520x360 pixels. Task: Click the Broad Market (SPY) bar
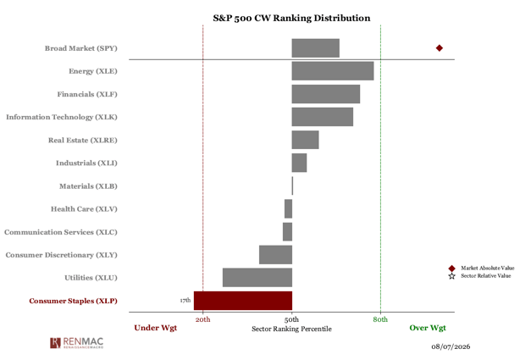tap(315, 48)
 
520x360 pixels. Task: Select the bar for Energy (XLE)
tap(333, 71)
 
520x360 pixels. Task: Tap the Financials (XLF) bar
tap(326, 94)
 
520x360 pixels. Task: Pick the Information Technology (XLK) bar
tap(323, 117)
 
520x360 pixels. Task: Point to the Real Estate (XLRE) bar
tap(305, 140)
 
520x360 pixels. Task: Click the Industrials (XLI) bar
tap(299, 163)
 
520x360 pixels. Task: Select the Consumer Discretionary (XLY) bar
tap(275, 255)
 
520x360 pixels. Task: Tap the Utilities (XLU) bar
tap(257, 277)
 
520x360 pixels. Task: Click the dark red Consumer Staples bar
tap(243, 301)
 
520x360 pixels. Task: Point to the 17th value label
tap(185, 300)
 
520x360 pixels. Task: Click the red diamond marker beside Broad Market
tap(440, 48)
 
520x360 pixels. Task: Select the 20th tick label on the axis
tap(202, 319)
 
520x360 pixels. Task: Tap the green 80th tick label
tap(380, 319)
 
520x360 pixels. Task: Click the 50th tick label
tap(291, 319)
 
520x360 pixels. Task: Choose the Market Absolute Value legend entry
tap(481, 268)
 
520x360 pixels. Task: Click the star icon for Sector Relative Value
tap(451, 276)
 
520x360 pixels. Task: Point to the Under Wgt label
tap(156, 328)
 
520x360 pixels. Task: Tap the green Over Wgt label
tap(428, 328)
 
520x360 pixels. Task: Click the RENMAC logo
tap(76, 343)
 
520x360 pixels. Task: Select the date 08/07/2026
tap(451, 346)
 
